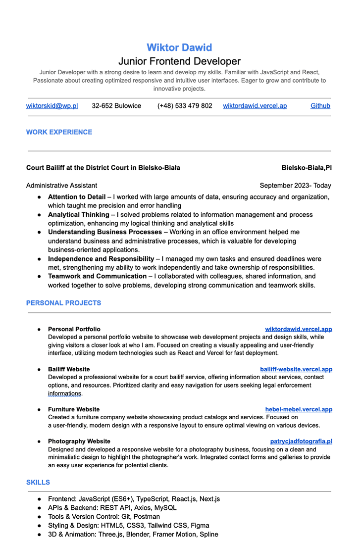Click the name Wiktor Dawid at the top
pyautogui.click(x=179, y=48)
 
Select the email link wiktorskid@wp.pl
pyautogui.click(x=52, y=106)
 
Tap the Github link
pyautogui.click(x=320, y=106)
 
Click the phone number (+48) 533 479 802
pyautogui.click(x=185, y=106)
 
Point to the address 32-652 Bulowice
pyautogui.click(x=116, y=106)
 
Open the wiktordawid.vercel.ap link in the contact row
pyautogui.click(x=255, y=106)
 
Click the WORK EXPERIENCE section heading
pyautogui.click(x=59, y=132)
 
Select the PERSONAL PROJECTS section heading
pyautogui.click(x=63, y=303)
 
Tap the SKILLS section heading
pyautogui.click(x=38, y=482)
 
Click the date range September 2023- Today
pyautogui.click(x=295, y=186)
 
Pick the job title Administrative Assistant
pyautogui.click(x=61, y=186)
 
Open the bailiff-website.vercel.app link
pyautogui.click(x=296, y=369)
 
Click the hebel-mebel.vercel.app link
pyautogui.click(x=299, y=409)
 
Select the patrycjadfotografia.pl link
pyautogui.click(x=301, y=441)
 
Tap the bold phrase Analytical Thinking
pyautogui.click(x=78, y=215)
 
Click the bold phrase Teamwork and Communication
pyautogui.click(x=97, y=276)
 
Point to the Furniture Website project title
pyautogui.click(x=74, y=409)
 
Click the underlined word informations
pyautogui.click(x=64, y=393)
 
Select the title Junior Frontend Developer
pyautogui.click(x=179, y=61)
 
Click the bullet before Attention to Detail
pyautogui.click(x=39, y=197)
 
